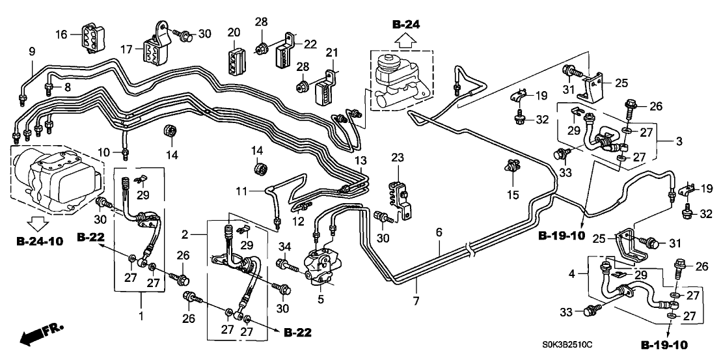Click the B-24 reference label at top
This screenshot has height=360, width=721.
(406, 25)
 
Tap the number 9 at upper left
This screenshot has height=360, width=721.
(31, 51)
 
